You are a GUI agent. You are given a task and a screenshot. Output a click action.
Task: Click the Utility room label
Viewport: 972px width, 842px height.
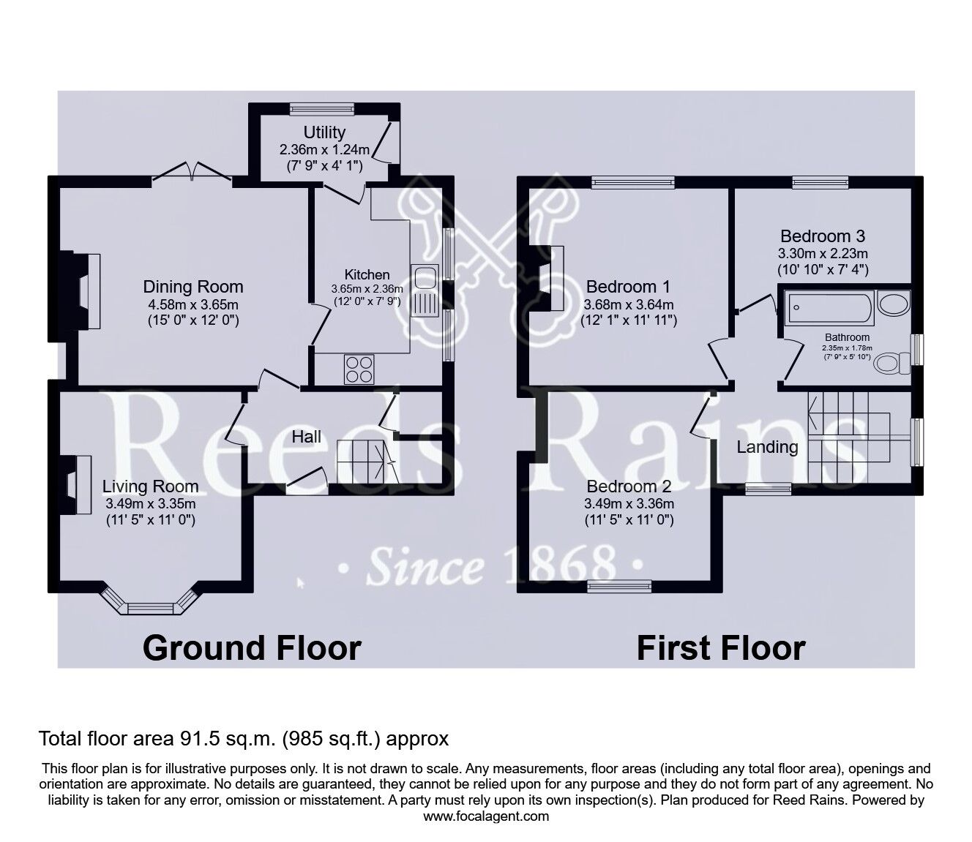[x=324, y=132]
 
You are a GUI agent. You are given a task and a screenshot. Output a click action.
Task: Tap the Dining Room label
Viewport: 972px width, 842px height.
[x=193, y=287]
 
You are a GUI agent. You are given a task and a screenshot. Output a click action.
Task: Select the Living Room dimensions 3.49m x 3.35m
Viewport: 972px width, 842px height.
[x=150, y=504]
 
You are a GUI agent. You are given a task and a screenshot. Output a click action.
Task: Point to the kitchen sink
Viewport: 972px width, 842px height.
[x=424, y=277]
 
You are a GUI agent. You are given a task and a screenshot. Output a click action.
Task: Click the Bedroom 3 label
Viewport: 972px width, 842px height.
[x=823, y=236]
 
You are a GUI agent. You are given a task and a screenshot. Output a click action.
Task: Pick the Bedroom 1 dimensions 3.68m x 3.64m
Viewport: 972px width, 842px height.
[x=629, y=304]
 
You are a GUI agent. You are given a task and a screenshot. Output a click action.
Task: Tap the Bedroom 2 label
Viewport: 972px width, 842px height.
[x=629, y=486]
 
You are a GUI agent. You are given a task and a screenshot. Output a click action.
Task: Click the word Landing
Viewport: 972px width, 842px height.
[x=767, y=447]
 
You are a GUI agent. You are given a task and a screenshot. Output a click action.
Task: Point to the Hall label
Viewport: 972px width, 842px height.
[x=307, y=437]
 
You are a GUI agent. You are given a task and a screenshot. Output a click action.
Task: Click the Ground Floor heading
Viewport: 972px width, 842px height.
[x=252, y=648]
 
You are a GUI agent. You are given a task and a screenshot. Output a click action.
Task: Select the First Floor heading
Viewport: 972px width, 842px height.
[x=721, y=648]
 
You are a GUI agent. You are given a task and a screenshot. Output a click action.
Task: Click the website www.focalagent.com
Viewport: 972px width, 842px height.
[x=486, y=816]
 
